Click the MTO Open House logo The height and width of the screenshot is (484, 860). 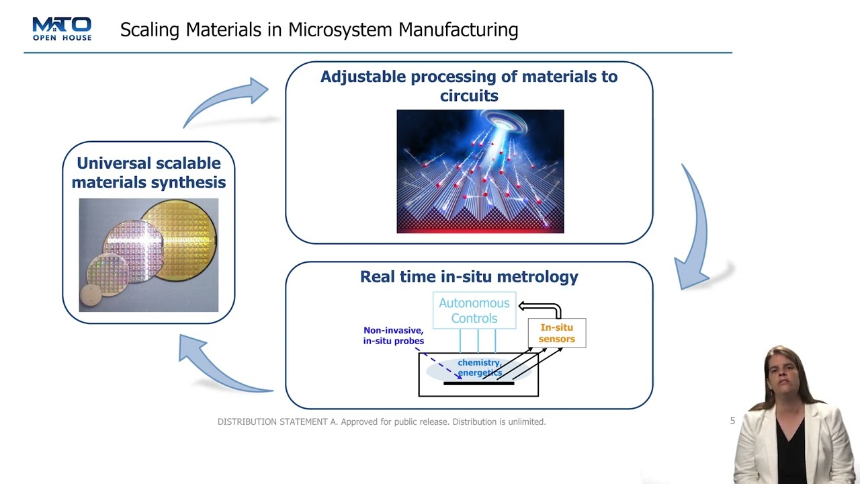coord(62,29)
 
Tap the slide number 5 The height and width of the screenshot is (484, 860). coord(732,421)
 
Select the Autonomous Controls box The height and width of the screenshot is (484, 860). coord(474,311)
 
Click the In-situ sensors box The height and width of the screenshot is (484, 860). coord(557,333)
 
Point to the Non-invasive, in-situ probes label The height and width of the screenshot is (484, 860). coord(394,335)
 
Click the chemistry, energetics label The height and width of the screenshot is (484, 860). coord(480,368)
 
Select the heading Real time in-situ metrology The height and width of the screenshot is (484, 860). coord(469,276)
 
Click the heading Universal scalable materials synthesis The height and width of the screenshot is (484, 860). coord(148,173)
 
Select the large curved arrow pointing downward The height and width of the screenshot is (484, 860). coord(695,229)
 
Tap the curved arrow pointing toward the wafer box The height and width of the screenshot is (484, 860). coord(215,366)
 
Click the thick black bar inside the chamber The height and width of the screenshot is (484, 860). coord(478,383)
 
